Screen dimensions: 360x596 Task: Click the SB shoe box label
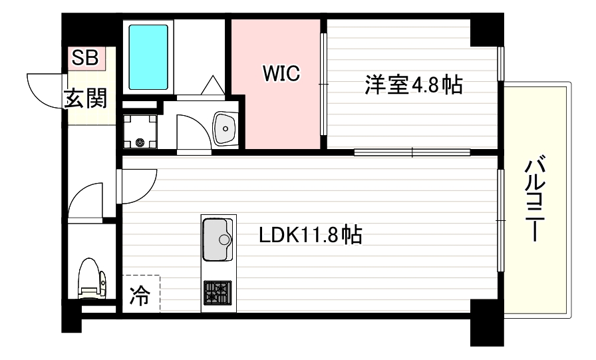pyautogui.click(x=84, y=59)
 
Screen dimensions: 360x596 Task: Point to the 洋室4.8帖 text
pyautogui.click(x=412, y=85)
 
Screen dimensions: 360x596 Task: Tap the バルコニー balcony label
pyautogui.click(x=536, y=200)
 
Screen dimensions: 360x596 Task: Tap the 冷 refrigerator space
pyautogui.click(x=140, y=293)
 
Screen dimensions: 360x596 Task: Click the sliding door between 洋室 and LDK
pyautogui.click(x=412, y=152)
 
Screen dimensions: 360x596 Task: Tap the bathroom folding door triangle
pyautogui.click(x=214, y=87)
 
